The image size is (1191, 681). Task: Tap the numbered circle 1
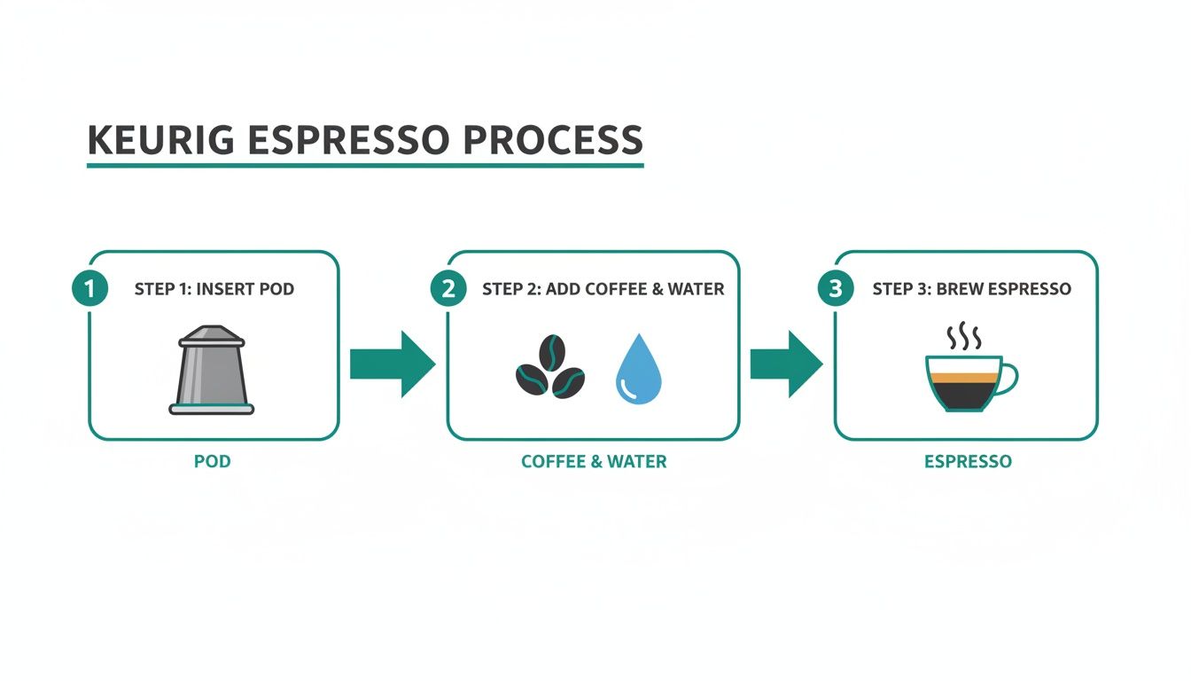(89, 289)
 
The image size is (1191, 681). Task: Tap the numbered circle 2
(448, 289)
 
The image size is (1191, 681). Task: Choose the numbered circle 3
(836, 289)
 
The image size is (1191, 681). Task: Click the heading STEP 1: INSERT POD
(214, 289)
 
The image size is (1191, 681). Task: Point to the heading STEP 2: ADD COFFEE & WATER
(603, 289)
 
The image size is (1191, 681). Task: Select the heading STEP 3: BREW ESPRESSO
(971, 289)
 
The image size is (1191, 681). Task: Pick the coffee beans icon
(549, 372)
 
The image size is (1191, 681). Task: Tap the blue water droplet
(638, 371)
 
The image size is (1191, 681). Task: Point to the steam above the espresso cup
(963, 338)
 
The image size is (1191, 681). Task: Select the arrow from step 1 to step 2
(392, 364)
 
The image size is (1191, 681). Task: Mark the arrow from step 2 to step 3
(786, 364)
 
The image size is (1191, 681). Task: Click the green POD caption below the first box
(212, 462)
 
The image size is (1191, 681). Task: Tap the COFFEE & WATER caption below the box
(594, 462)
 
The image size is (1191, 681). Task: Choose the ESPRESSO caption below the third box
(968, 462)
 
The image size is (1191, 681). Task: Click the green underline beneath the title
(365, 165)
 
